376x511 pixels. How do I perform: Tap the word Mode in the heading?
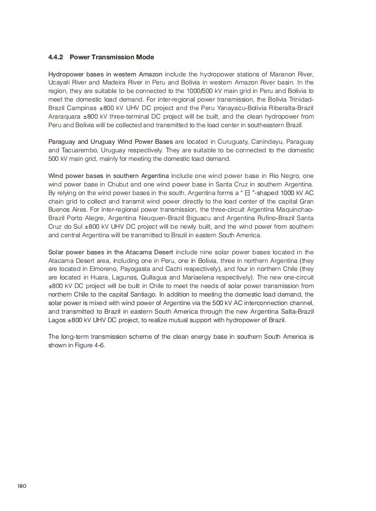pos(145,57)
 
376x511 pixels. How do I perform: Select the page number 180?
pos(22,485)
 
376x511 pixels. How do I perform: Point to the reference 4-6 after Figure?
pos(98,345)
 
